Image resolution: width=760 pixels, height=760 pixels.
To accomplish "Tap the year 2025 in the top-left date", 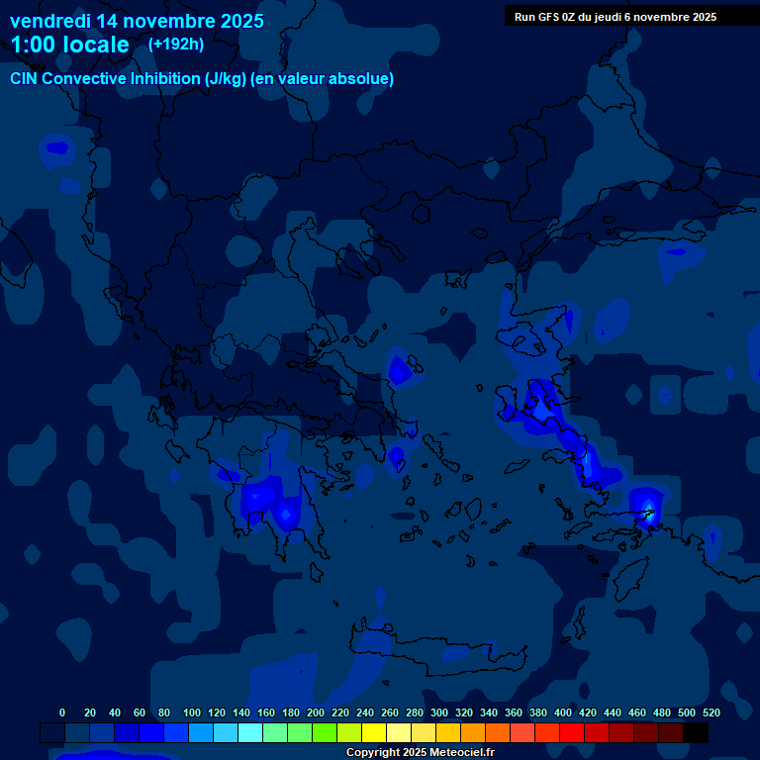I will (240, 21).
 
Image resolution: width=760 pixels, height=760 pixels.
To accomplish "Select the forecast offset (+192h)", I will (176, 44).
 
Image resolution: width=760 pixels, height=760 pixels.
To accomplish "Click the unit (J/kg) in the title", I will (227, 79).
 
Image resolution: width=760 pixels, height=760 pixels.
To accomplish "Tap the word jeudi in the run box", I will (608, 17).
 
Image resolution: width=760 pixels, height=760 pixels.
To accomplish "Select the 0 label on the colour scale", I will (62, 712).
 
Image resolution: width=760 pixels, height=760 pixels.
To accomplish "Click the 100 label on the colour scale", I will (192, 712).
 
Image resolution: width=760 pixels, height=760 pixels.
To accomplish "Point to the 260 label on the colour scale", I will (390, 712).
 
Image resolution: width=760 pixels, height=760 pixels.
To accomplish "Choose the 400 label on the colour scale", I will (563, 712).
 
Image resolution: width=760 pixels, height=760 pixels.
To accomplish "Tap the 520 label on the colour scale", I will (711, 712).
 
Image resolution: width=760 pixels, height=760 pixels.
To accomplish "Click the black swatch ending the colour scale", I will (696, 732).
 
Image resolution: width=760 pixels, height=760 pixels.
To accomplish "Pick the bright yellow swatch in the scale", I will (374, 732).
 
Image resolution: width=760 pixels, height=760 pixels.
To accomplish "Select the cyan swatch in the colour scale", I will (250, 732).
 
